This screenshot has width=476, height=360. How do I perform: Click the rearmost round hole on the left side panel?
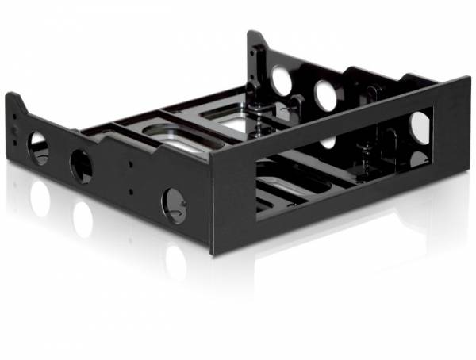coord(38,147)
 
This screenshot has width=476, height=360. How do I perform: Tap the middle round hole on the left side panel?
coord(81,166)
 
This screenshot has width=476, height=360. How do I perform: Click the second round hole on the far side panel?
coord(326,95)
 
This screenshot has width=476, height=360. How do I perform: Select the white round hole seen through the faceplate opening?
coord(420,128)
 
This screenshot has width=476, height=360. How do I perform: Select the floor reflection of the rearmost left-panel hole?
coord(40,198)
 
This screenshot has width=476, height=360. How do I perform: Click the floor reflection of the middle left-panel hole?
coord(83,218)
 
